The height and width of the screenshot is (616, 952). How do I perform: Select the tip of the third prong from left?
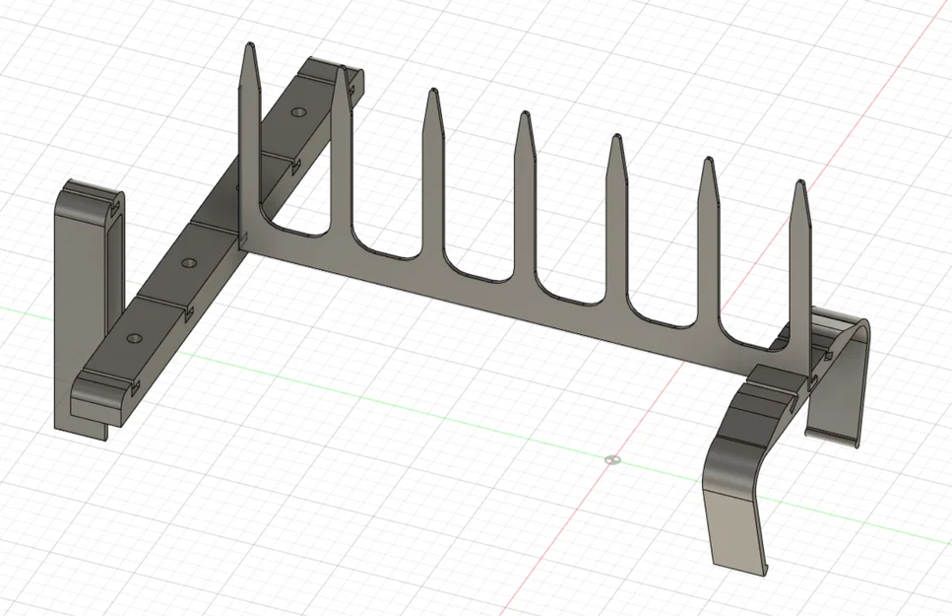[431, 93]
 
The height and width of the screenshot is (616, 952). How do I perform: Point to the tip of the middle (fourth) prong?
[525, 115]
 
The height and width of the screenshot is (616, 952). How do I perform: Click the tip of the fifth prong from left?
[616, 137]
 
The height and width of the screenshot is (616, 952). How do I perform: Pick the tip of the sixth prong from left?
[707, 161]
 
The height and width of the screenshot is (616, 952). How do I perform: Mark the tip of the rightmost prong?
[800, 183]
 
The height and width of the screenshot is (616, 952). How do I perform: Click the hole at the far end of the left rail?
[297, 113]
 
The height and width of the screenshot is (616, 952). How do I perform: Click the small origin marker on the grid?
[612, 459]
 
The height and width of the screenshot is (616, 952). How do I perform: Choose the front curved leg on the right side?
[737, 493]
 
